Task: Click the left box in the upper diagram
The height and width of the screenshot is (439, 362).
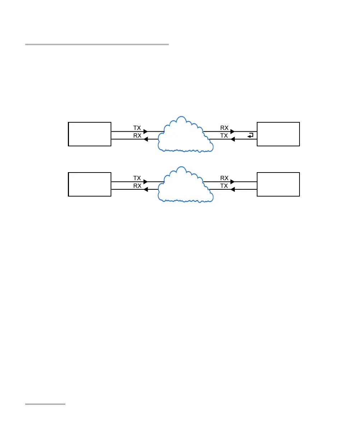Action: tap(89, 134)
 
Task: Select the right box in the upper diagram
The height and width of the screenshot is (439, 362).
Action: tap(278, 134)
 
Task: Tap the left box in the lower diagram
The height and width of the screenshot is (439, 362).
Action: tap(89, 184)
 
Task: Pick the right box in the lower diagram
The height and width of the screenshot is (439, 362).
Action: tap(278, 184)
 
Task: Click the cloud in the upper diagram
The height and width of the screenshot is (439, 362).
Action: tap(184, 135)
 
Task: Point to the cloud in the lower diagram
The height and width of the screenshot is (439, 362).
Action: tap(184, 185)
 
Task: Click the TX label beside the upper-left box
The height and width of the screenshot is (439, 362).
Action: tap(137, 128)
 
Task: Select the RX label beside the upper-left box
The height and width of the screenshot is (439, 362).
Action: tap(137, 136)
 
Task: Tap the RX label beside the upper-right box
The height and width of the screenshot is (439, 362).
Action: tap(224, 128)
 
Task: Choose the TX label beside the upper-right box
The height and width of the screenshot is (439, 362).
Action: tap(224, 136)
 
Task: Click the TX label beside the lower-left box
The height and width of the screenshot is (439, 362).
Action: tap(137, 178)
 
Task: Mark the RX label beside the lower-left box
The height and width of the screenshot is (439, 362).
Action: tap(137, 186)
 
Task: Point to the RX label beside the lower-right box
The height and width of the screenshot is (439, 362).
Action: tap(224, 178)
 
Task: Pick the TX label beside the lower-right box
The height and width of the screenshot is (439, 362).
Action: tap(224, 186)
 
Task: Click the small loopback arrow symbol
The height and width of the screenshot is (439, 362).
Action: tap(250, 135)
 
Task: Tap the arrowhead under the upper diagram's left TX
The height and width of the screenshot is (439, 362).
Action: tap(145, 132)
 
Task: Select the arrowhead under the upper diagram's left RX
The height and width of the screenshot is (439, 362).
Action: tap(145, 139)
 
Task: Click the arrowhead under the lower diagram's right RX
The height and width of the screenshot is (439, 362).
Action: tap(232, 182)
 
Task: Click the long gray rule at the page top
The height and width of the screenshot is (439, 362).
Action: tap(97, 44)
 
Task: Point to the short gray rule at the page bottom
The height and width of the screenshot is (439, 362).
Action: tap(46, 404)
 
